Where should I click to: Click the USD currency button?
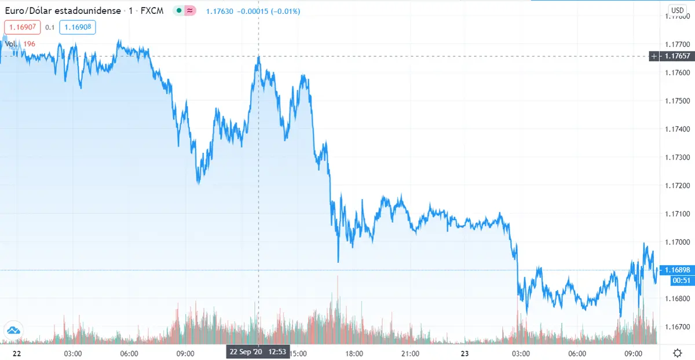point(677,10)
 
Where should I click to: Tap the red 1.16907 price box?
point(21,27)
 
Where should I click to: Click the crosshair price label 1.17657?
point(676,56)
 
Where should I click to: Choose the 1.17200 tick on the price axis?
point(678,185)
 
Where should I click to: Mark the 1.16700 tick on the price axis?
point(678,327)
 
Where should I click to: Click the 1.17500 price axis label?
point(678,101)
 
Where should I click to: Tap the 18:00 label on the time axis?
point(354,353)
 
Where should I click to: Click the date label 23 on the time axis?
point(464,353)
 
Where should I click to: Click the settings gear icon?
point(677,352)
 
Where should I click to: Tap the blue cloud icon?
point(13,330)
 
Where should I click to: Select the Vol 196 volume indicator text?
point(21,44)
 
